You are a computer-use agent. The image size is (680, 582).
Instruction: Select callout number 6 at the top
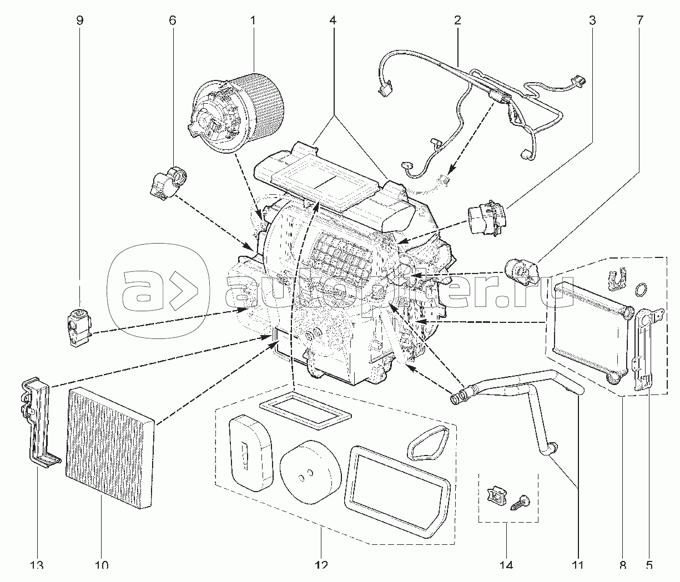click(172, 21)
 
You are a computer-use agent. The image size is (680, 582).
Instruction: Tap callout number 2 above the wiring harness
click(457, 21)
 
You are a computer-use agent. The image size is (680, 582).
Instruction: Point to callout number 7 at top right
click(639, 21)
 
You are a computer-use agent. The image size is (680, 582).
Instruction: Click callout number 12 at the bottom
click(322, 565)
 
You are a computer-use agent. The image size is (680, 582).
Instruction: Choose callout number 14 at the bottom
click(506, 565)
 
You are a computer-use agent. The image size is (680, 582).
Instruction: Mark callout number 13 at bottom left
click(36, 565)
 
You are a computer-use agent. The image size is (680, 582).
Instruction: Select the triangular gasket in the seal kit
click(428, 443)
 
